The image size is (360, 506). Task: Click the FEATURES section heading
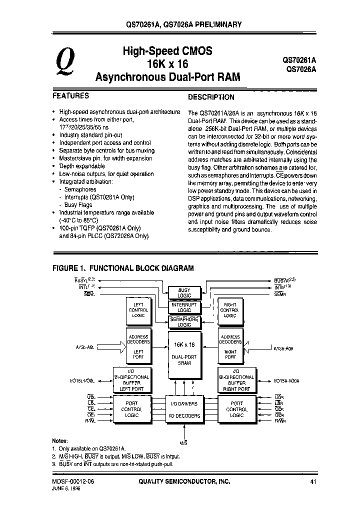tap(71, 95)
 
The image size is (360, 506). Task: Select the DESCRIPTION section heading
tap(211, 97)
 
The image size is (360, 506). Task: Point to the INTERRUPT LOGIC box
tap(184, 307)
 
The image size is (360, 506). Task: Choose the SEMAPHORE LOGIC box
tap(184, 322)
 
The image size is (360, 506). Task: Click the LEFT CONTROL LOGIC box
tap(138, 310)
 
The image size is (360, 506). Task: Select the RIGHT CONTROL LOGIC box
tap(230, 310)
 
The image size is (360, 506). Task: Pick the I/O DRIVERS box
tap(184, 404)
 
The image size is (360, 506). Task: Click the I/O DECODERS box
tap(184, 416)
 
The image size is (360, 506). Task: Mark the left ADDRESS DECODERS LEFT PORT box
tap(138, 347)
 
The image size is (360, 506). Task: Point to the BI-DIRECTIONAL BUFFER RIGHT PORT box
tap(236, 382)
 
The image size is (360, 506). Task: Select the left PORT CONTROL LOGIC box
tap(131, 409)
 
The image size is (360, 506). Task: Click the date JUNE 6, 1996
tap(66, 488)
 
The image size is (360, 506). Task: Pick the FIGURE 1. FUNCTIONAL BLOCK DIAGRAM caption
tap(123, 268)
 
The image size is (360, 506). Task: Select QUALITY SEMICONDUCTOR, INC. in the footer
tap(184, 481)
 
